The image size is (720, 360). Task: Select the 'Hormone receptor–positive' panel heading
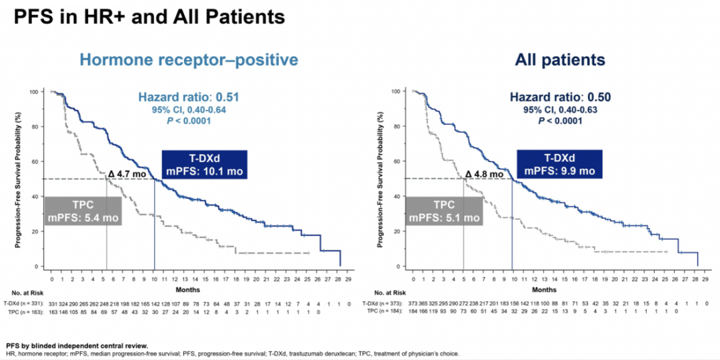pyautogui.click(x=188, y=60)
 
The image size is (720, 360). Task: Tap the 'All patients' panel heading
pyautogui.click(x=559, y=60)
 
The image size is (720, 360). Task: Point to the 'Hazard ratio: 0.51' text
pyautogui.click(x=188, y=97)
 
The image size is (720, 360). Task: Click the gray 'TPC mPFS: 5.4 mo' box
pyautogui.click(x=83, y=210)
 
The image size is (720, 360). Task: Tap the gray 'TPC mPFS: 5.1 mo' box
pyautogui.click(x=444, y=210)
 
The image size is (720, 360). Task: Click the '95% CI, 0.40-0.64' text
pyautogui.click(x=188, y=109)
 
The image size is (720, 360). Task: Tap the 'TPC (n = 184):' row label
pyautogui.click(x=385, y=311)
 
